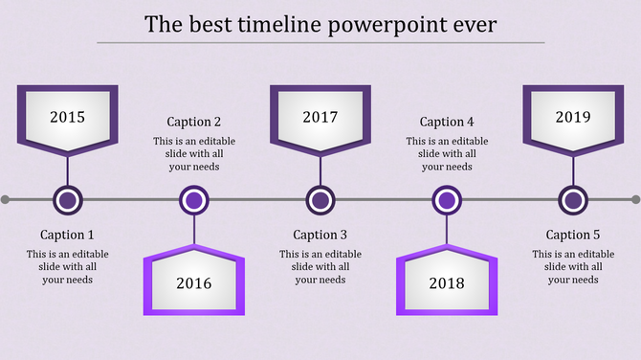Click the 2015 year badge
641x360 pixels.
[x=68, y=119]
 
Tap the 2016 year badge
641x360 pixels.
[x=194, y=282]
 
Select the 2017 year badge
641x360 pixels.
[x=320, y=119]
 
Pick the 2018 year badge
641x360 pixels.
[x=447, y=282]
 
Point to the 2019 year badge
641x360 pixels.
[x=573, y=119]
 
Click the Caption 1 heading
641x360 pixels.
[x=68, y=235]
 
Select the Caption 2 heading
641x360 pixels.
[x=194, y=122]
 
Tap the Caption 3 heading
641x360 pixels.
[x=320, y=235]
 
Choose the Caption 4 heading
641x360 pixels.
[x=447, y=122]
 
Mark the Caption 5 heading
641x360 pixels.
[x=573, y=235]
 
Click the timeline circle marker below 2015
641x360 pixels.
[x=68, y=200]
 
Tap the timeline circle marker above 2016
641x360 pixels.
[x=194, y=200]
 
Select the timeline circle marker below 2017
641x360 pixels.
[x=320, y=200]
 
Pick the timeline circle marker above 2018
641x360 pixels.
[x=447, y=200]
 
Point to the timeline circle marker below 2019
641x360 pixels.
[x=573, y=200]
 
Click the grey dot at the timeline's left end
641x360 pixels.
[x=6, y=200]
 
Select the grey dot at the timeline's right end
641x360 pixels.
[x=635, y=200]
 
